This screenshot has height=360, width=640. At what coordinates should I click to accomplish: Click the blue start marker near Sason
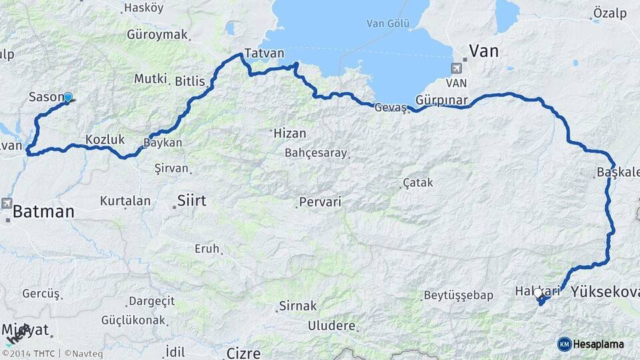tap(67, 97)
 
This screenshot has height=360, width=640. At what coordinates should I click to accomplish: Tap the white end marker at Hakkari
tap(538, 293)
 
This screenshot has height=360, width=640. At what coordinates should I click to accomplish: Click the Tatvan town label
tap(264, 53)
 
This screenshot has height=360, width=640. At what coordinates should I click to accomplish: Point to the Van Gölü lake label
tap(387, 23)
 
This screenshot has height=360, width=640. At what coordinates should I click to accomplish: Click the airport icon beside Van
tap(456, 68)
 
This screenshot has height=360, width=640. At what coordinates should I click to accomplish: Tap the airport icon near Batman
tap(7, 203)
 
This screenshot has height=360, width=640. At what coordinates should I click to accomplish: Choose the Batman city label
tap(43, 212)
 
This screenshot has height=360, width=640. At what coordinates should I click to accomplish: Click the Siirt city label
tap(191, 200)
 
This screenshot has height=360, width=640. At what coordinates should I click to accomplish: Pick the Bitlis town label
tap(190, 81)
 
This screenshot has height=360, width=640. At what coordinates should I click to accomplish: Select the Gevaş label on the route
tap(391, 107)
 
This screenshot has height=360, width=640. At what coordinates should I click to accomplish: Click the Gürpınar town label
tap(442, 100)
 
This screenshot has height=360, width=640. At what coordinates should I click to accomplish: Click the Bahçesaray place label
tap(316, 153)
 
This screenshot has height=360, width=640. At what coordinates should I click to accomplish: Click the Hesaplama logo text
tap(599, 344)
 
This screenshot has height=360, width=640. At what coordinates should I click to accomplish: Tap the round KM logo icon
tap(564, 344)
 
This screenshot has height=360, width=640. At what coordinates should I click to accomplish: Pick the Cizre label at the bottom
tap(243, 353)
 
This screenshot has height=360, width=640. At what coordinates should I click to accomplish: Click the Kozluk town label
tap(105, 139)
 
